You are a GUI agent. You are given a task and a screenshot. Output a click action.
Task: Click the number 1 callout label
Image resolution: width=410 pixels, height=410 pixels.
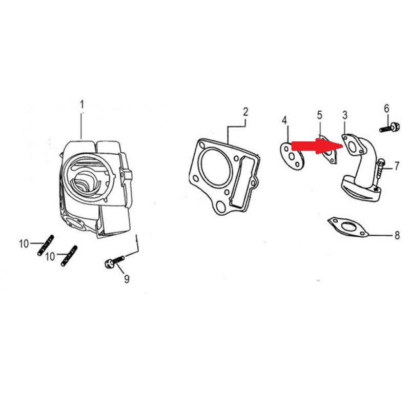click(81, 105)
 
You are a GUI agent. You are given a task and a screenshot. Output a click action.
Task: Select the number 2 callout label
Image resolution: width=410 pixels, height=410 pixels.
click(245, 111)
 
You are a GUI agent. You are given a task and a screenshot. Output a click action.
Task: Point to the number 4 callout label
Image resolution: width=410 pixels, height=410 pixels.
click(284, 120)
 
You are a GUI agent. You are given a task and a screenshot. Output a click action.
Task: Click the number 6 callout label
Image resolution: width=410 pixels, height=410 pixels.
click(386, 108)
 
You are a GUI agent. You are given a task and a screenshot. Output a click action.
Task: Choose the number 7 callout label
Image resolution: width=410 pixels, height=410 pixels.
click(396, 166)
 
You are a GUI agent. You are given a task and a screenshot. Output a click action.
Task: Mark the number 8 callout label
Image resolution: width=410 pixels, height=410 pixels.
click(397, 236)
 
